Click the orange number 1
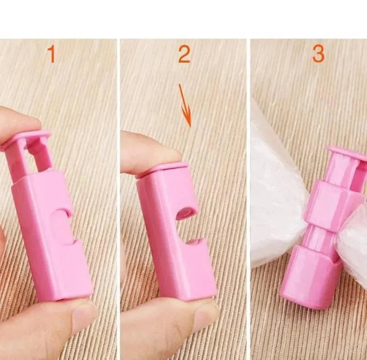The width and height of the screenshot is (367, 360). click(x=52, y=54)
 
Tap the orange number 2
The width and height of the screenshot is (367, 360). click(x=184, y=54)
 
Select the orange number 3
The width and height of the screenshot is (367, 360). click(x=318, y=54)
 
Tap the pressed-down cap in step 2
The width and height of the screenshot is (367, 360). click(x=163, y=169)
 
